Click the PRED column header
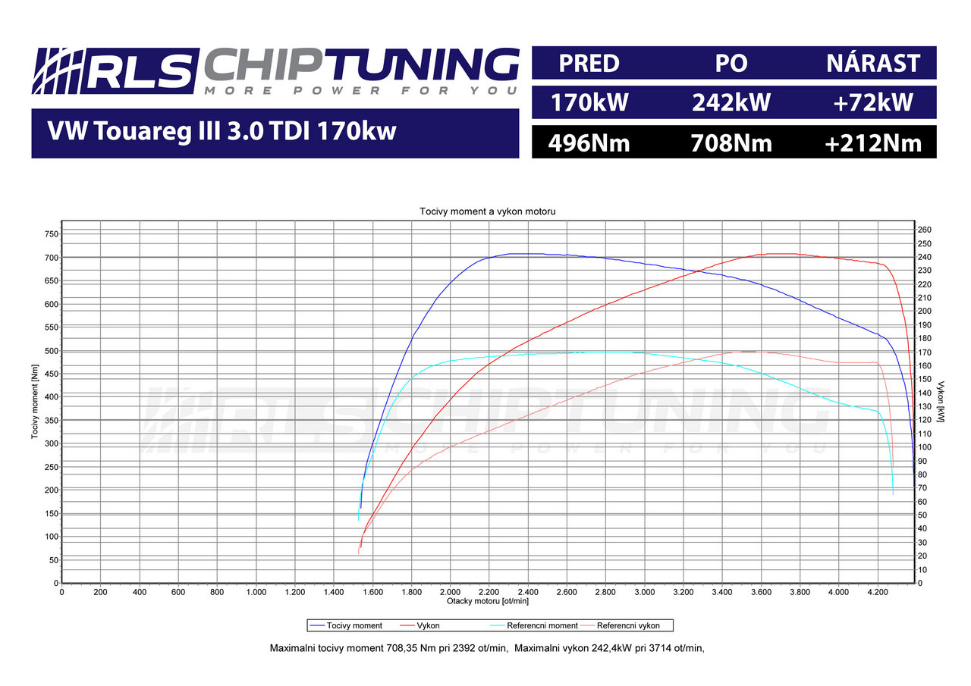tap(589, 63)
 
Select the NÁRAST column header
tap(873, 63)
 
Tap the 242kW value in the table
tap(731, 102)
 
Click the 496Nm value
tap(589, 143)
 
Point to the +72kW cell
tap(873, 102)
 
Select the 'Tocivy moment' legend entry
tap(354, 625)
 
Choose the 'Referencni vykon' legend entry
tap(628, 625)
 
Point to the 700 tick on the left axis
tap(50, 258)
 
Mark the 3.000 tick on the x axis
tap(644, 591)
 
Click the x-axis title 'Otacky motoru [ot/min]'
tap(488, 600)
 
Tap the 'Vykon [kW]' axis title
tap(941, 402)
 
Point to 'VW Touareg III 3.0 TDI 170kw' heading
tap(222, 133)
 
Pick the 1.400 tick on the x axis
tap(333, 591)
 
